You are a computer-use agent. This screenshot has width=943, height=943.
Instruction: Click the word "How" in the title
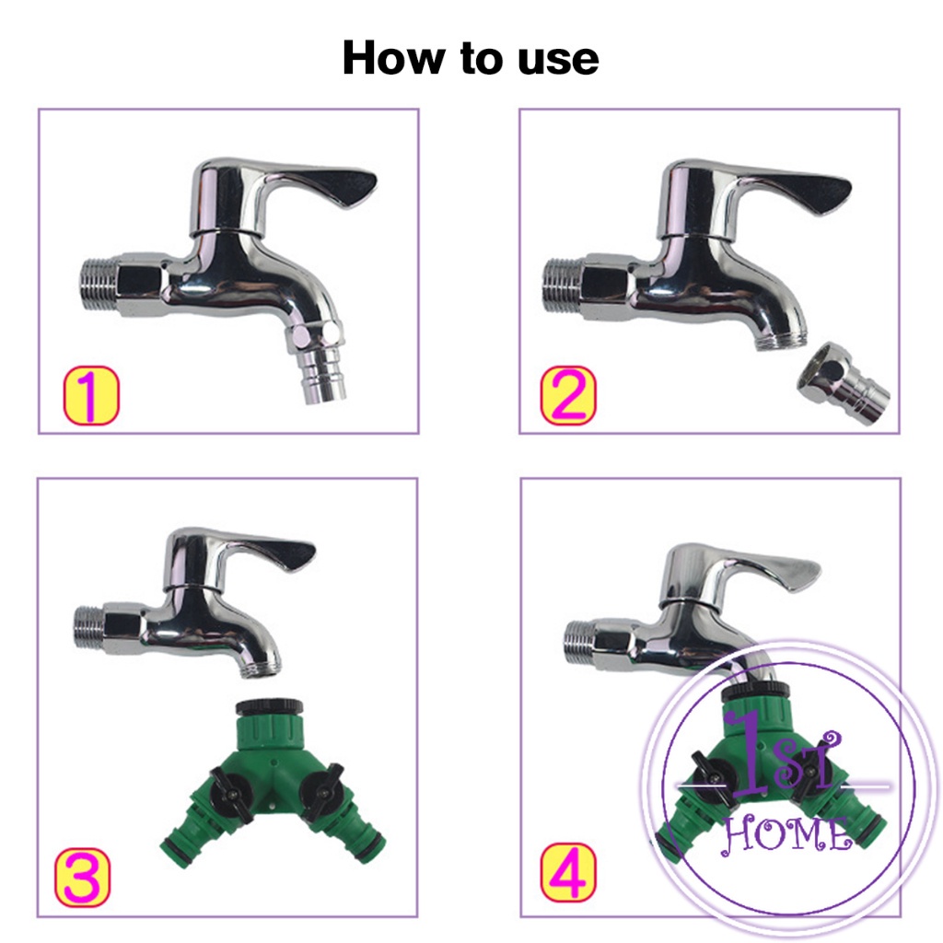(393, 58)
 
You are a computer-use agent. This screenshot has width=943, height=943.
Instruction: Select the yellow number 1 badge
(91, 395)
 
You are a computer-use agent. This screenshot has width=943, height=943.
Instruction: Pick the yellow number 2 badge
(568, 395)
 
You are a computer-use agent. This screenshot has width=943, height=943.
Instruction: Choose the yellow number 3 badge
(83, 878)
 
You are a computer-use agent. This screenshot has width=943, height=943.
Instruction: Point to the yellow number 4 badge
(568, 873)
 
